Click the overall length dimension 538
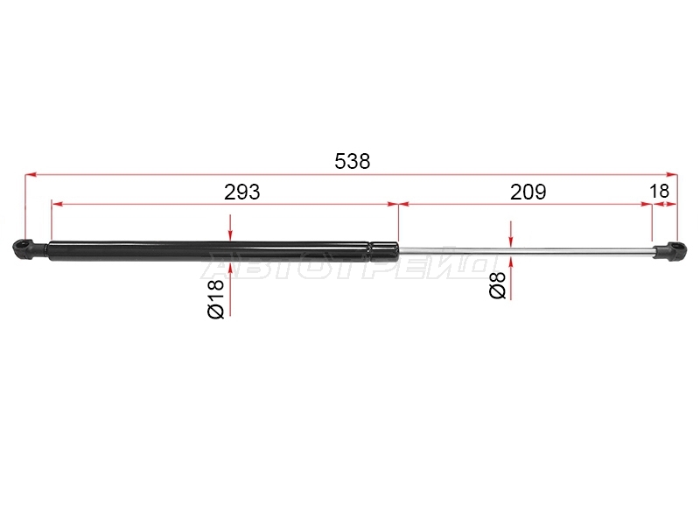(353, 161)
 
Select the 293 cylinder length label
(241, 192)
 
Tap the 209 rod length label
(528, 192)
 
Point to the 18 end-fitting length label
(660, 191)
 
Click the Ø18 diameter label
(215, 299)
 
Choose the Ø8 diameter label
(497, 285)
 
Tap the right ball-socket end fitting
(670, 250)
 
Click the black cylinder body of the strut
(210, 251)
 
